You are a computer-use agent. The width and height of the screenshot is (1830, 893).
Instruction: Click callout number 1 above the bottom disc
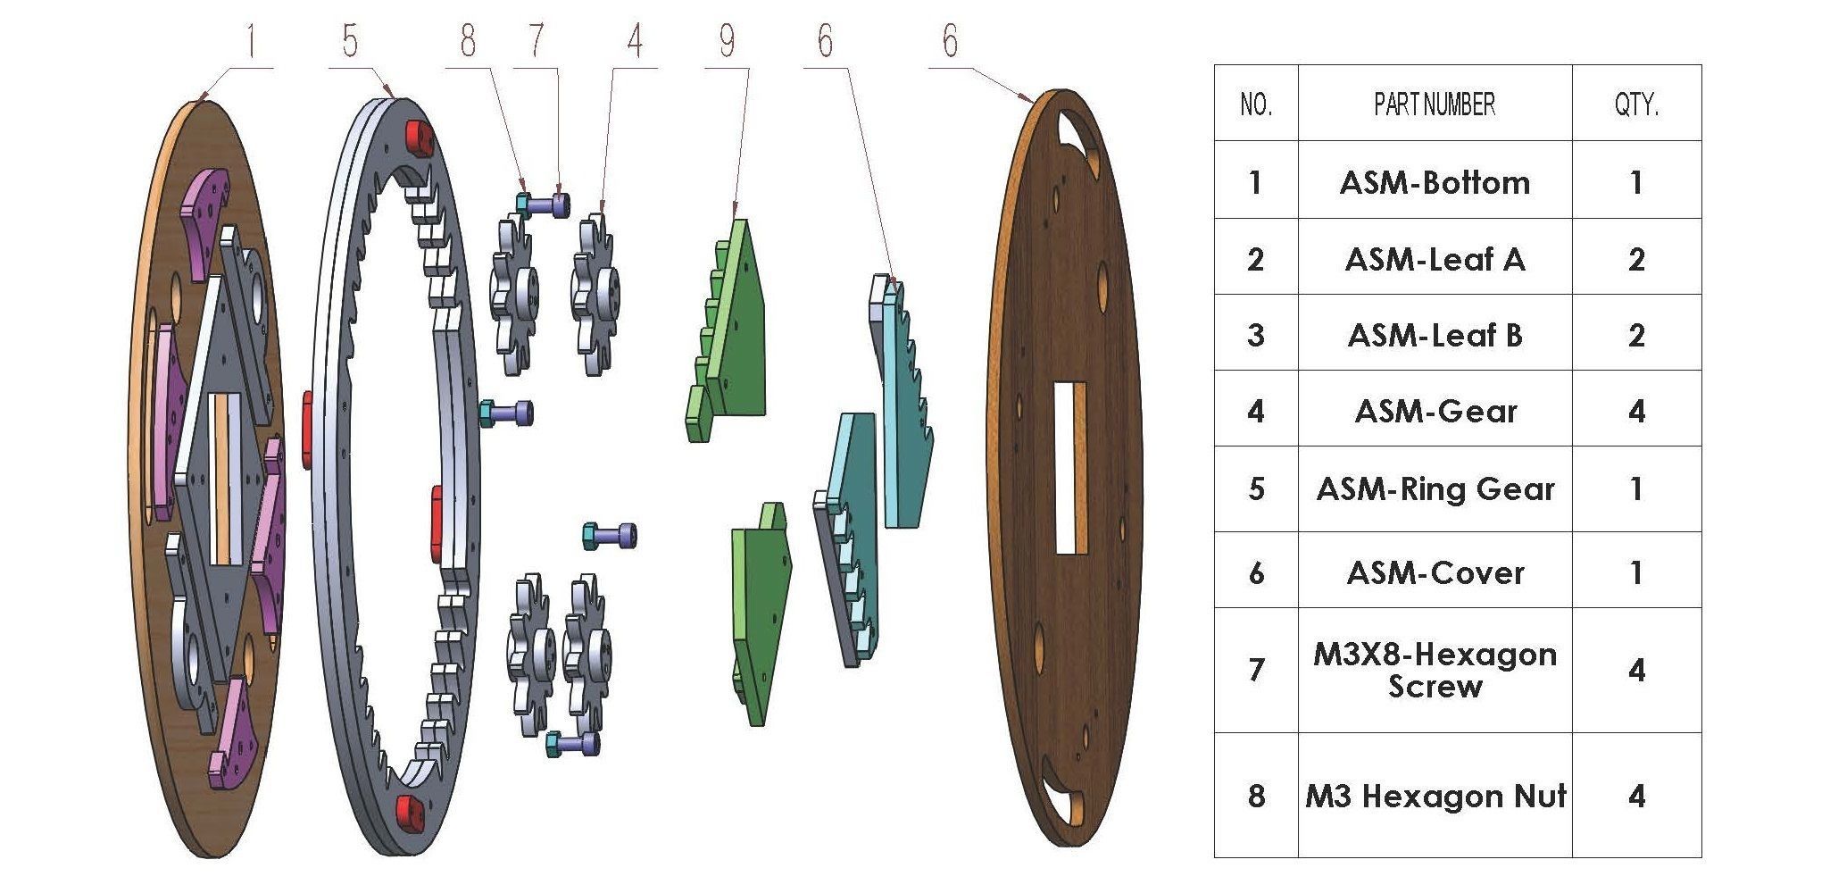pyautogui.click(x=252, y=41)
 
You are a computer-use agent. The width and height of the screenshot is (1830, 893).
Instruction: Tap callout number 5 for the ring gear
pyautogui.click(x=349, y=41)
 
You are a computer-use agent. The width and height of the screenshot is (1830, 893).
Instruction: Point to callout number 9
pyautogui.click(x=728, y=41)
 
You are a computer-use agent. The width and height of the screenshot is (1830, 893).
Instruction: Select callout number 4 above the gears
pyautogui.click(x=634, y=41)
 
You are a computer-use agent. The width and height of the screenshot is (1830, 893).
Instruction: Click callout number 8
pyautogui.click(x=468, y=41)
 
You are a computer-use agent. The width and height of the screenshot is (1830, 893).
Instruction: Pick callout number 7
pyautogui.click(x=536, y=41)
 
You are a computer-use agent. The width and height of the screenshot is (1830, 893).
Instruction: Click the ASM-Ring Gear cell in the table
pyautogui.click(x=1435, y=489)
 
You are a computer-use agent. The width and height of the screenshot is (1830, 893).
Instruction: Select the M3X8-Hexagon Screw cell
pyautogui.click(x=1435, y=671)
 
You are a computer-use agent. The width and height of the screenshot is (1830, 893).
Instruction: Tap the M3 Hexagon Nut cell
pyautogui.click(x=1435, y=796)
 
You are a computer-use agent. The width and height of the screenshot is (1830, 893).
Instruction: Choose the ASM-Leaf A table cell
pyautogui.click(x=1435, y=260)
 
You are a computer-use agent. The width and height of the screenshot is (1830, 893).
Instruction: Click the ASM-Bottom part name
pyautogui.click(x=1435, y=183)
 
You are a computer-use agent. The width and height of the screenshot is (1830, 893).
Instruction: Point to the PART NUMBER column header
pyautogui.click(x=1435, y=104)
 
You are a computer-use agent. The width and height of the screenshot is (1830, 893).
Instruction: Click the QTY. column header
pyautogui.click(x=1635, y=104)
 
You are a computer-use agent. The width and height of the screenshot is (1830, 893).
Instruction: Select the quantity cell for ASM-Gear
pyautogui.click(x=1635, y=412)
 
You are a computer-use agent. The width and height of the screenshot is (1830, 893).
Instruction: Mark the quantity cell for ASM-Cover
pyautogui.click(x=1635, y=572)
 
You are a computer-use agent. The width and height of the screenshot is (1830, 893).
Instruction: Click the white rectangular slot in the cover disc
pyautogui.click(x=1069, y=466)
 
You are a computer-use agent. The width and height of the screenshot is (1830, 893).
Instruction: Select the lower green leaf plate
pyautogui.click(x=761, y=616)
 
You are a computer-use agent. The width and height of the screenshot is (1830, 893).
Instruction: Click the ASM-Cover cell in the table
pyautogui.click(x=1435, y=572)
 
